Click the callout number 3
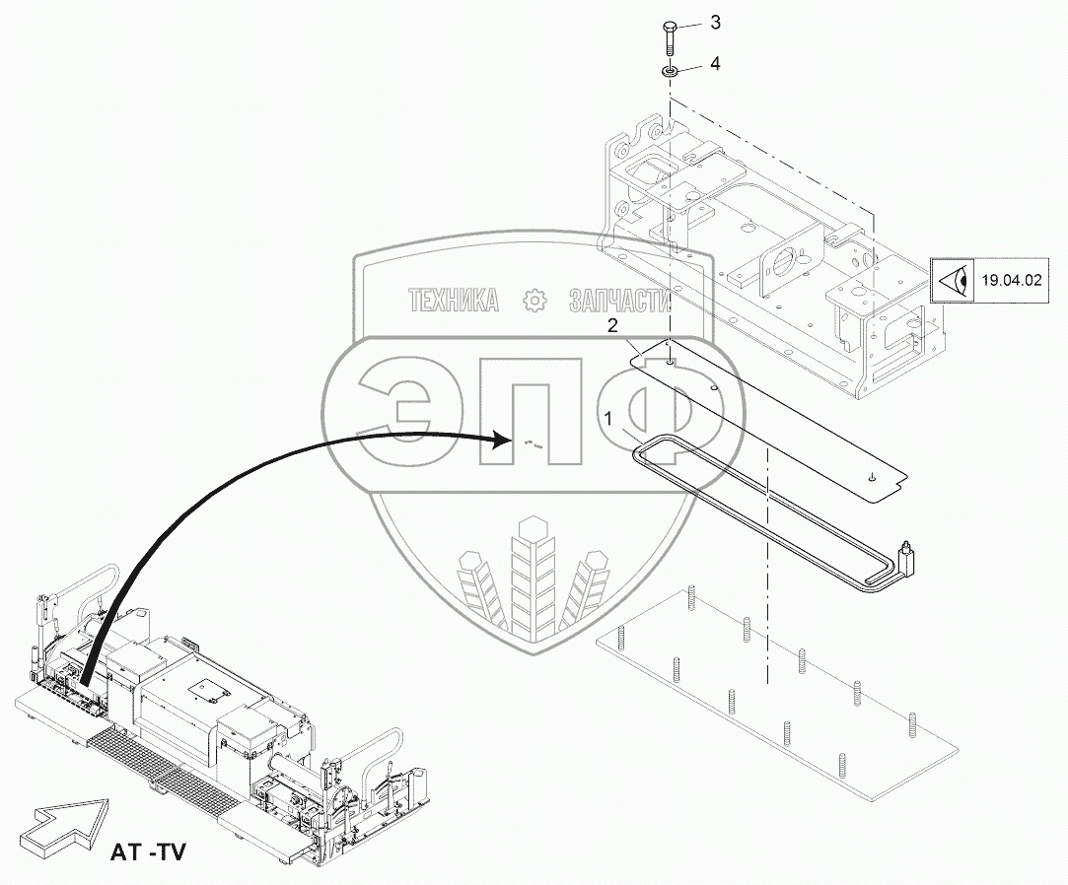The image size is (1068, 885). [x=716, y=23]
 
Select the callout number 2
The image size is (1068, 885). [x=612, y=324]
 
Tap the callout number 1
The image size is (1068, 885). [x=608, y=419]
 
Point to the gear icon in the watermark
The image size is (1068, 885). [x=535, y=301]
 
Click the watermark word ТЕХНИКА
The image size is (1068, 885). [x=453, y=301]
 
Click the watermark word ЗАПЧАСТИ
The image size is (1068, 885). [x=619, y=301]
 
